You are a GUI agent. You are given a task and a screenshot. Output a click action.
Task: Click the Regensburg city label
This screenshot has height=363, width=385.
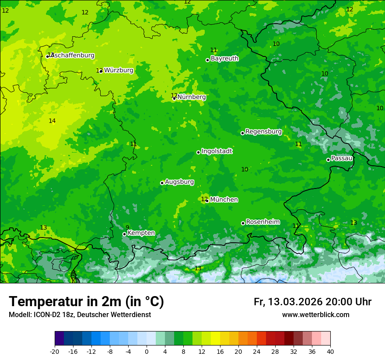[263, 132]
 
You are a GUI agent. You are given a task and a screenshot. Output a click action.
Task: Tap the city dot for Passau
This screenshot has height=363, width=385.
[328, 160]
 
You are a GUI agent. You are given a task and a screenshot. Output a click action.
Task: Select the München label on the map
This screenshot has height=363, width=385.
[224, 200]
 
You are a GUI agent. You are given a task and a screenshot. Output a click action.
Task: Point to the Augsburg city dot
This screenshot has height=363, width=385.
[162, 183]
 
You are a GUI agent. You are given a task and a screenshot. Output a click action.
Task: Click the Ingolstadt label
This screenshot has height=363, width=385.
[217, 151]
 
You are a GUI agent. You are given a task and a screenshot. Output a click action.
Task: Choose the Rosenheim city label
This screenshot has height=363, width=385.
[262, 222]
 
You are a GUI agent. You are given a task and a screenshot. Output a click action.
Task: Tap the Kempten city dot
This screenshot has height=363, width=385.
[124, 234]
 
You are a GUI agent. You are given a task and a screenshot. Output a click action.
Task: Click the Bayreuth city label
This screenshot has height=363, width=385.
[224, 59]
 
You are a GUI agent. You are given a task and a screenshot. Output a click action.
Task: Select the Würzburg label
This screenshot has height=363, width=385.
[119, 70]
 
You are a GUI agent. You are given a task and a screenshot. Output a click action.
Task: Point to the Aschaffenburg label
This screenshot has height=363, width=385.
[73, 56]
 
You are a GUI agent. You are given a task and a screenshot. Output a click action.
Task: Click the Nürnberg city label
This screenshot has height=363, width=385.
[191, 97]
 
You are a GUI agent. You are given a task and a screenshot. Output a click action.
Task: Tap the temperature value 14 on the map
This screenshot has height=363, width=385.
[52, 121]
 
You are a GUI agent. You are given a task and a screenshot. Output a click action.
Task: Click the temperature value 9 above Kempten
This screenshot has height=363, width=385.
[127, 227]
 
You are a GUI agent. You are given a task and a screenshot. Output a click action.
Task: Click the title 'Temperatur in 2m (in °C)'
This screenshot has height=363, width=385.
[86, 302]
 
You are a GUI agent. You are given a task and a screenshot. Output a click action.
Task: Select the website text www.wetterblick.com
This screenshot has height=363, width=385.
[315, 315]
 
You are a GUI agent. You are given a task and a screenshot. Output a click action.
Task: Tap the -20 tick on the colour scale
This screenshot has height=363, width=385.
[55, 352]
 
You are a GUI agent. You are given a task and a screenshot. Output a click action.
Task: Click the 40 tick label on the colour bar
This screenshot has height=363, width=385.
[330, 352]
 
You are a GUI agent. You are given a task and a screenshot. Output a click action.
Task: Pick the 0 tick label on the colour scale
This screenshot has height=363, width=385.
[147, 352]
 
